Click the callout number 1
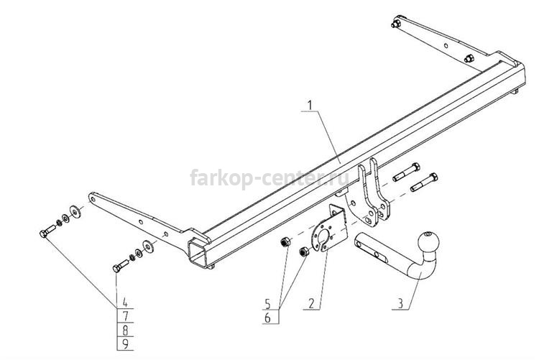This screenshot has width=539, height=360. pos(310,105)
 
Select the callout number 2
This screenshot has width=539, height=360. pos(311,304)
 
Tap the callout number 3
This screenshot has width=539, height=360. pos(400,304)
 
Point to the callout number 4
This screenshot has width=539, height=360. pos(125,303)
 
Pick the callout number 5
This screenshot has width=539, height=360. pos(267,304)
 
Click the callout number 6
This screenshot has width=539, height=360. pos(267,318)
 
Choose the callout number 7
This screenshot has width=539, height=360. pos(125,316)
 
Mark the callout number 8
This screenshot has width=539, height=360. pos(125,331)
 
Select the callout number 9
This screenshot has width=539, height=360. pos(125,344)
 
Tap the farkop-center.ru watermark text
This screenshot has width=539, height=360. pos(269,177)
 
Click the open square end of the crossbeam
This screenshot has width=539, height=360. pos(197,254)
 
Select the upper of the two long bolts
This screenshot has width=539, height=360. pos(406,172)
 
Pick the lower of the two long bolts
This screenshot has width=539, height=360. pos(424,183)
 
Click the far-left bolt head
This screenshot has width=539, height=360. pos(44,234)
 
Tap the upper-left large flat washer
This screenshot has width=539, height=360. pos(75,211)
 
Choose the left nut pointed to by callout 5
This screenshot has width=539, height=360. pos(285,242)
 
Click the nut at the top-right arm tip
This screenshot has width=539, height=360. pos(396,24)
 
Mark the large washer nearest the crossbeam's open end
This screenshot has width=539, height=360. pos(149,246)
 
